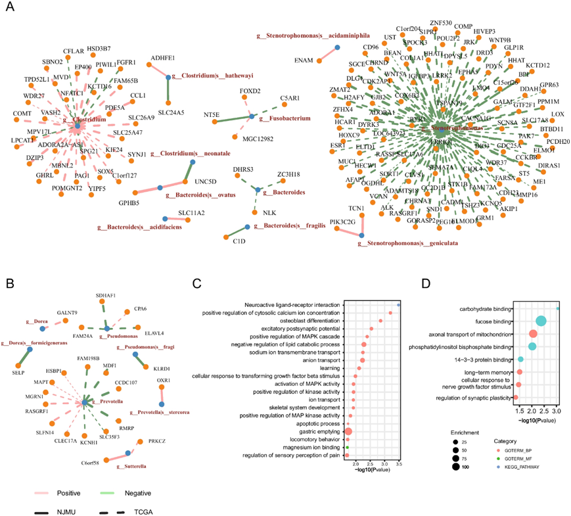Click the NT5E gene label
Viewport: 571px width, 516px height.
(212, 114)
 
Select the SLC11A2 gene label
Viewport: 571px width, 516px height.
(191, 212)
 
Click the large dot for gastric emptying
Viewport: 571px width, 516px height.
(348, 431)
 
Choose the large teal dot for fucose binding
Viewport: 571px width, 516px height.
(541, 321)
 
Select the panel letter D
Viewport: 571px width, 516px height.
(424, 284)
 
